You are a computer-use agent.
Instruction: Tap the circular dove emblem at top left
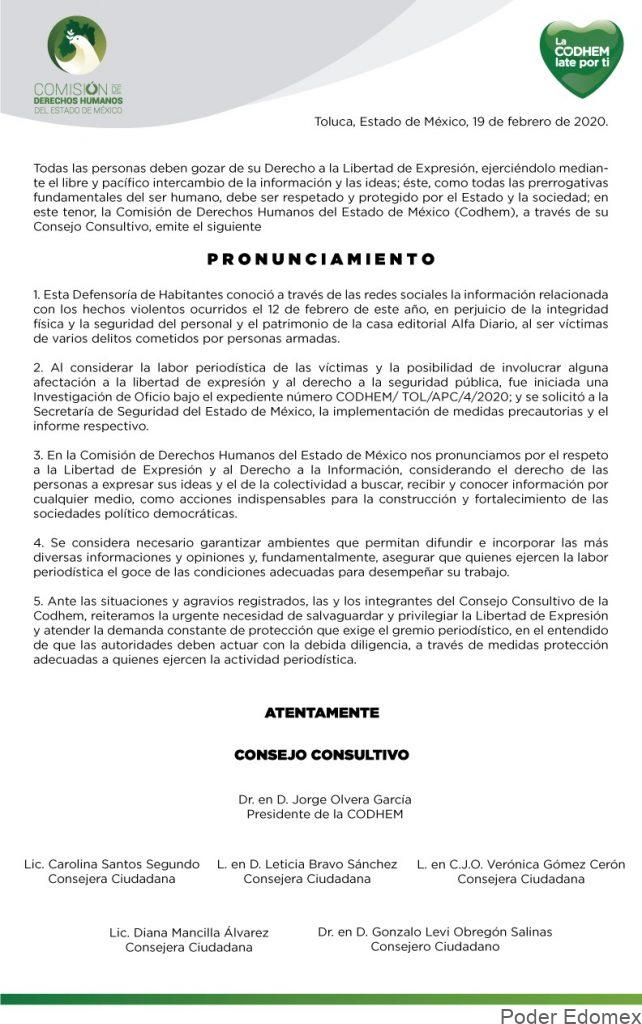(x=77, y=44)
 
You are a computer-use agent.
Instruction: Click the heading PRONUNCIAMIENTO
(x=321, y=259)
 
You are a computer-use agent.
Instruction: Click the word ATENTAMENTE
(x=321, y=713)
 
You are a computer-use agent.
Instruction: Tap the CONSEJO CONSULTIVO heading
(x=321, y=755)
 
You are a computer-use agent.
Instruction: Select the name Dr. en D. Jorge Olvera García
(x=325, y=799)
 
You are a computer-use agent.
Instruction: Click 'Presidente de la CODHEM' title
(x=325, y=814)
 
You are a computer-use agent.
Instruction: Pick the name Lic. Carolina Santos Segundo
(x=112, y=864)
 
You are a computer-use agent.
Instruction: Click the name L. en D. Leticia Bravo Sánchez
(x=307, y=864)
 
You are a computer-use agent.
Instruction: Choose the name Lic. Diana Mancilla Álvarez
(x=189, y=932)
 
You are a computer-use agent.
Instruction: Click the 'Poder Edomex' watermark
(x=569, y=1015)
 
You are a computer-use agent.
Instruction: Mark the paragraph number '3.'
(x=38, y=454)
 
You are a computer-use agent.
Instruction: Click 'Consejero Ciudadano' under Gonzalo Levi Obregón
(x=435, y=946)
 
